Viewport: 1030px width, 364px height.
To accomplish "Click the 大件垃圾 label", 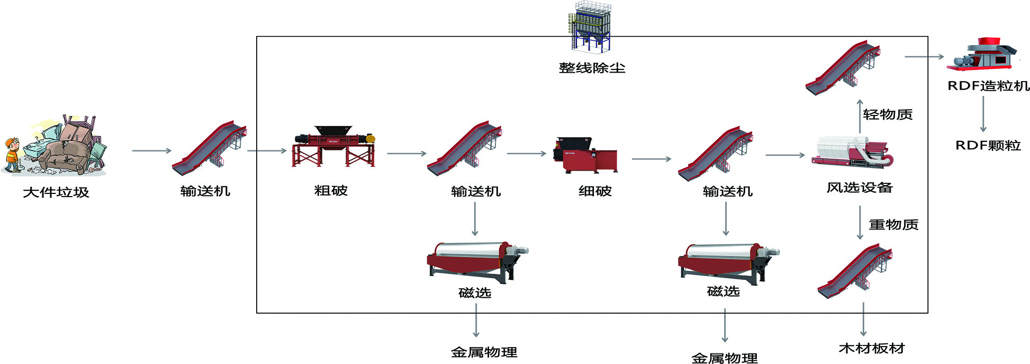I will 56,192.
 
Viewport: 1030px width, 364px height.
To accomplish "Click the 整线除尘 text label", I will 592,68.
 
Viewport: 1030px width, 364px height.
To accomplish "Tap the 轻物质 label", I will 888,114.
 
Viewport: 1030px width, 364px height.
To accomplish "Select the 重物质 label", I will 893,225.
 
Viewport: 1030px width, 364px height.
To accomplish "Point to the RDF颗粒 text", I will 988,145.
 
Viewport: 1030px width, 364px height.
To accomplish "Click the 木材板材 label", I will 871,349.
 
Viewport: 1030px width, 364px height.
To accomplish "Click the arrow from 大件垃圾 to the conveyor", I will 151,151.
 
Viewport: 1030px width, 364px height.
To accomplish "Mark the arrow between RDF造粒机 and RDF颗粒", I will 983,113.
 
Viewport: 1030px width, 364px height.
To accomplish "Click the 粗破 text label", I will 331,191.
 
